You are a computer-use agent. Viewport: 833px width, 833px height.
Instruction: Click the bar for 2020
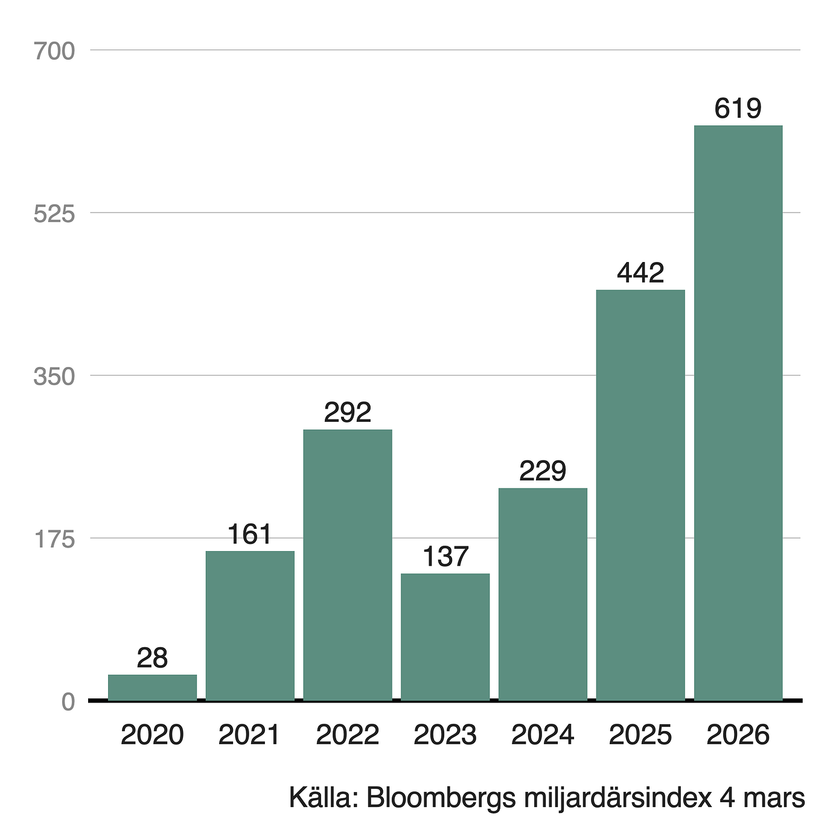pos(152,688)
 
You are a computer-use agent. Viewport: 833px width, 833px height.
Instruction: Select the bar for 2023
pos(445,637)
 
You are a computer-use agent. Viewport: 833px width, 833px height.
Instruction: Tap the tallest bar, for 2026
pos(738,413)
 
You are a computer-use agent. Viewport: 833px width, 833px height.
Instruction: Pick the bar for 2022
pos(347,565)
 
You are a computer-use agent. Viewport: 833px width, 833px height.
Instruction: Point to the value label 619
pos(738,109)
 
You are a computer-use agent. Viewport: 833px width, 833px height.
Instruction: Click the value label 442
pos(640,273)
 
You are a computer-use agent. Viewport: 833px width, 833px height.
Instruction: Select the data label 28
pos(152,659)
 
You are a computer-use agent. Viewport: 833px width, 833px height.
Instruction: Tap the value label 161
pos(250,535)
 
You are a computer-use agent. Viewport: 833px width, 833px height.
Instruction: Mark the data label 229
pos(543,471)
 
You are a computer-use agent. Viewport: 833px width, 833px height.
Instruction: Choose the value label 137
pos(445,557)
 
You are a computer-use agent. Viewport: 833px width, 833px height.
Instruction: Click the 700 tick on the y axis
pos(54,51)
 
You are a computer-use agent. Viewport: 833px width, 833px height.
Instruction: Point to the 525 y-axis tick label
pos(54,214)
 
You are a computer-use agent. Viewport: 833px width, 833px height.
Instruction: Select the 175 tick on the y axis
pos(54,539)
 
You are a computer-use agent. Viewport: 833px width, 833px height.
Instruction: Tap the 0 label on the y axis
pos(68,702)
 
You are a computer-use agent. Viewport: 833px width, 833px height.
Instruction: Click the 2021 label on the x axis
pos(250,735)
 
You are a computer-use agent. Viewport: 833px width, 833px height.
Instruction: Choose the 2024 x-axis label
pos(543,735)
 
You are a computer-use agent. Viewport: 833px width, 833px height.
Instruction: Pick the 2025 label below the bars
pos(640,735)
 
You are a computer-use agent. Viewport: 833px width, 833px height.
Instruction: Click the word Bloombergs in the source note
pos(441,799)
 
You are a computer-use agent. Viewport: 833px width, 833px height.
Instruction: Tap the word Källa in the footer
pos(323,797)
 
